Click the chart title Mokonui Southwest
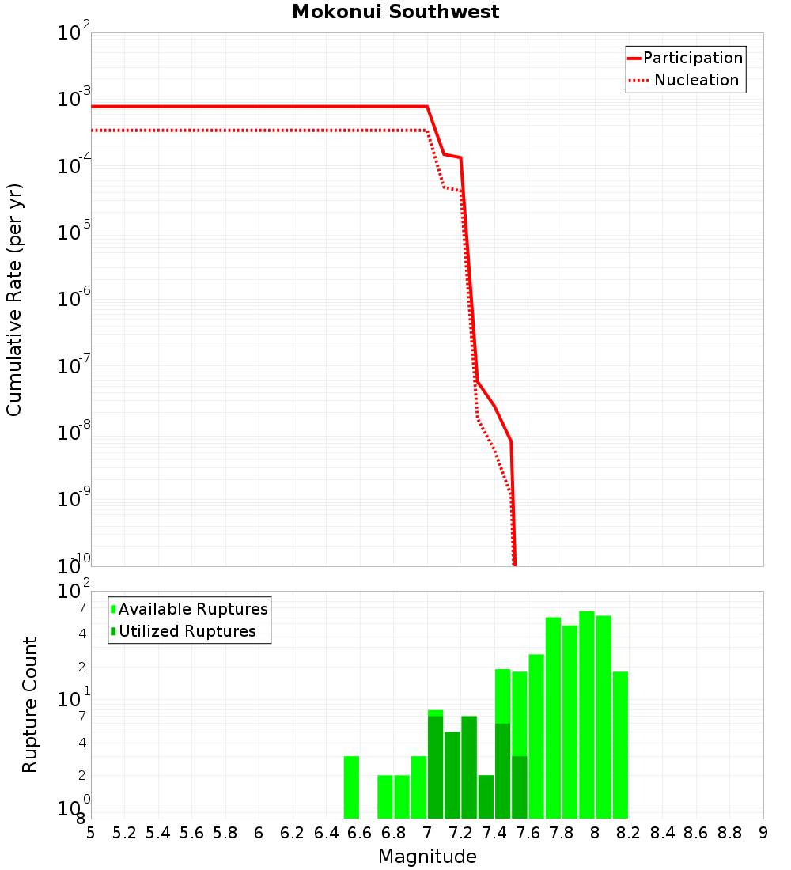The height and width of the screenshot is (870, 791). [x=395, y=12]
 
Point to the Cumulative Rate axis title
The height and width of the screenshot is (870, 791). [x=14, y=299]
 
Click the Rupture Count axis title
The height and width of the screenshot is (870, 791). [x=30, y=704]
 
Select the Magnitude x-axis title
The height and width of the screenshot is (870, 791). [x=427, y=857]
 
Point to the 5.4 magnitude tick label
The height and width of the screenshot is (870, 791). [x=158, y=833]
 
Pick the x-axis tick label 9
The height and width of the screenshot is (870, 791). [x=763, y=833]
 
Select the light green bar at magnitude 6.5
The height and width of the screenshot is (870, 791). [x=351, y=787]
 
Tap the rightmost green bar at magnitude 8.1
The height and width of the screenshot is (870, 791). [x=620, y=744]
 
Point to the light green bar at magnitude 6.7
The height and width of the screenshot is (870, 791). [x=385, y=796]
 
